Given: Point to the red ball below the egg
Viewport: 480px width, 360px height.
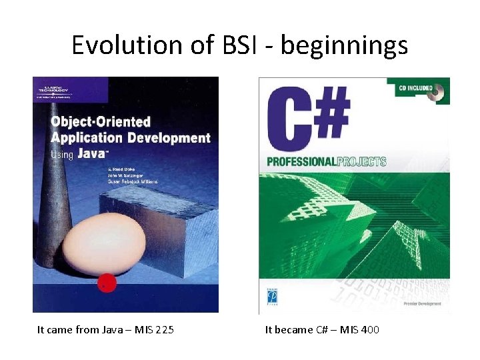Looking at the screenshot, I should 107,283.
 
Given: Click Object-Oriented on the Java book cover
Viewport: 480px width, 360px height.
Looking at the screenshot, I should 101,123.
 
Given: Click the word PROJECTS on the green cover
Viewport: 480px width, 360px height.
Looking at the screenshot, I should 361,161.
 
